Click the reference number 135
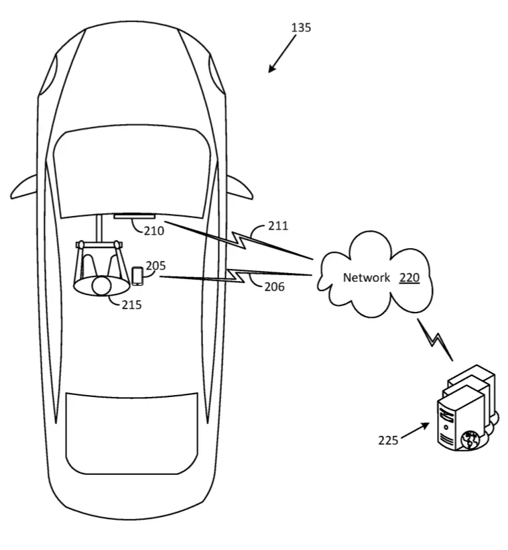[x=301, y=27]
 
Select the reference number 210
[x=154, y=231]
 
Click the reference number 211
[x=278, y=225]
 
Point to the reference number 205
[x=155, y=266]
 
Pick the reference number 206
[x=274, y=286]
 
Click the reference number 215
[x=131, y=305]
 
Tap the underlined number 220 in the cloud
[x=409, y=278]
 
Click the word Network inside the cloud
[x=367, y=278]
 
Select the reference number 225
[x=388, y=440]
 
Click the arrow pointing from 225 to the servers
[x=415, y=431]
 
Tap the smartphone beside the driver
[x=137, y=276]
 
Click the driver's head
[x=101, y=286]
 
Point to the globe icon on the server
[x=470, y=441]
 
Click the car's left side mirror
[x=24, y=187]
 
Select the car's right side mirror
[x=241, y=187]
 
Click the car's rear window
[x=132, y=433]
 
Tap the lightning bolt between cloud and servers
[x=435, y=339]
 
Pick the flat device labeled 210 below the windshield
[x=134, y=216]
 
